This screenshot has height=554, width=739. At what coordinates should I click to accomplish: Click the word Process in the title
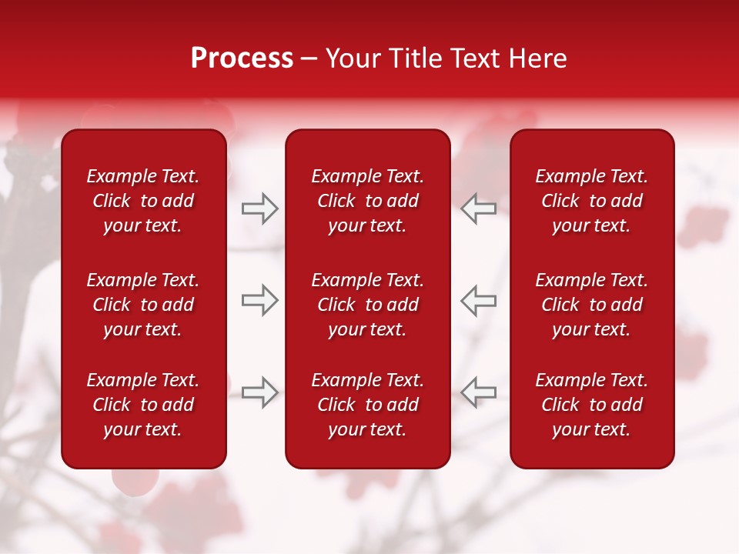click(x=242, y=58)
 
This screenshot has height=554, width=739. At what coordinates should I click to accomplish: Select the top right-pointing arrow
click(x=259, y=209)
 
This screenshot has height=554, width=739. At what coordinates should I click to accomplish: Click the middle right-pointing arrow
click(x=259, y=300)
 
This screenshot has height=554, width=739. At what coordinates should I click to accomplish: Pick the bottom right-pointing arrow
click(x=259, y=392)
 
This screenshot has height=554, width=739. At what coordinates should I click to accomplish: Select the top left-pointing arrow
click(x=479, y=209)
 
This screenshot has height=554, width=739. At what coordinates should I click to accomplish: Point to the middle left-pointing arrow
click(x=479, y=300)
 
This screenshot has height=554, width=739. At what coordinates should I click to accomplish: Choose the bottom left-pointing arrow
click(x=479, y=392)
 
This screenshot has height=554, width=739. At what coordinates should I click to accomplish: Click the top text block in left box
click(x=143, y=201)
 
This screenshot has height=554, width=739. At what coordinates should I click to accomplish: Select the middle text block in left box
click(x=143, y=305)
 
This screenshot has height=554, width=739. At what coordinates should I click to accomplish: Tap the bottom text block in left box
click(x=143, y=405)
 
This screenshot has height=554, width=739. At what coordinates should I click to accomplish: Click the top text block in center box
click(x=368, y=201)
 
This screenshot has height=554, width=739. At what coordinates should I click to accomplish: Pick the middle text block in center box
click(x=368, y=305)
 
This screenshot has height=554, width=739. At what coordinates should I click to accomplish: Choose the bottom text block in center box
click(x=368, y=405)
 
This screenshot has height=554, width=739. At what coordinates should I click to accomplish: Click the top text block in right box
click(x=592, y=201)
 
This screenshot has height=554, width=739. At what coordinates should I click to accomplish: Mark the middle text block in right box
click(x=592, y=305)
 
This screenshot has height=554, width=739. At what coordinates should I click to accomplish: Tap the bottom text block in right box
click(x=592, y=405)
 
